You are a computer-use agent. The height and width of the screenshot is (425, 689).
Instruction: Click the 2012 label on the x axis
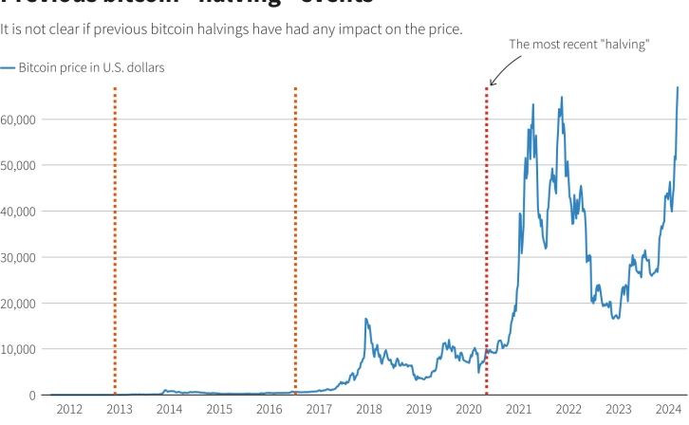pyautogui.click(x=68, y=409)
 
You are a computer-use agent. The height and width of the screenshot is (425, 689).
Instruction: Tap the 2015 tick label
pyautogui.click(x=219, y=409)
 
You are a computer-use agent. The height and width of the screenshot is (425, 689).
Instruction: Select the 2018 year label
pyautogui.click(x=369, y=409)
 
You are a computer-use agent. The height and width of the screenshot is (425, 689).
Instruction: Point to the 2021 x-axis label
pyautogui.click(x=519, y=409)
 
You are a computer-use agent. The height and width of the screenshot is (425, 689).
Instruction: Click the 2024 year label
pyautogui.click(x=669, y=409)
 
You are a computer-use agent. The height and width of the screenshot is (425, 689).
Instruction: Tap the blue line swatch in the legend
pyautogui.click(x=8, y=68)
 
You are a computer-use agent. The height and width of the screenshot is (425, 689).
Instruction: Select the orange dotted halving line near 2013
pyautogui.click(x=115, y=237)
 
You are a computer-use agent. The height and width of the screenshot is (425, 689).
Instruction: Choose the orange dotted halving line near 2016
pyautogui.click(x=295, y=237)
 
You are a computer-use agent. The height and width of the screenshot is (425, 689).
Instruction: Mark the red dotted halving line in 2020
pyautogui.click(x=487, y=237)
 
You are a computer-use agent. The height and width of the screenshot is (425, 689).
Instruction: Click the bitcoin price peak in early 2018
pyautogui.click(x=365, y=319)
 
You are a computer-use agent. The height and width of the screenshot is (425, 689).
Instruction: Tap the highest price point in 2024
pyautogui.click(x=678, y=88)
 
